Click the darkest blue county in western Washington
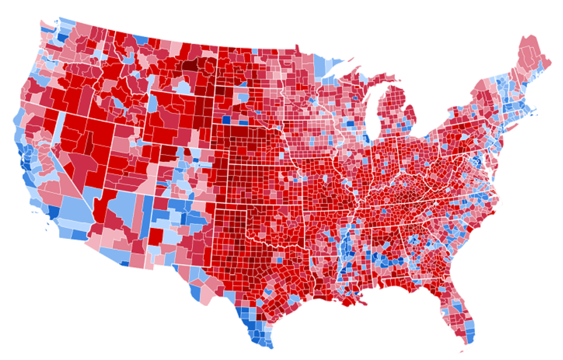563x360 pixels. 62,36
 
